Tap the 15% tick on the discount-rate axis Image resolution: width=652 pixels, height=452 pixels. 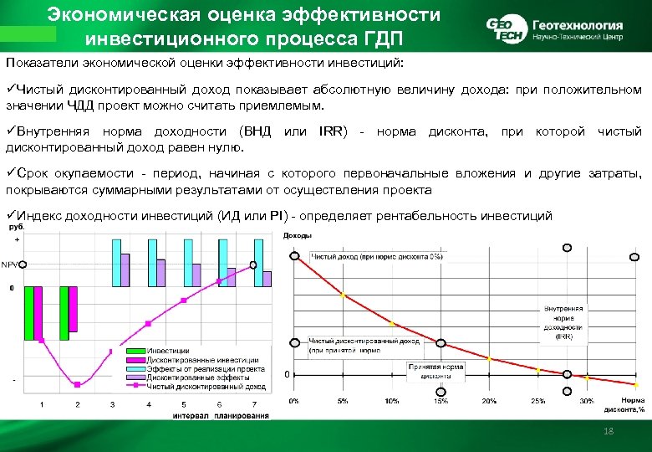tap(441, 401)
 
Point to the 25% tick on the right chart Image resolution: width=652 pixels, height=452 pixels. tap(537, 401)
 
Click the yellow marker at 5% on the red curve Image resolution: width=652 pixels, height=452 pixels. tap(342, 295)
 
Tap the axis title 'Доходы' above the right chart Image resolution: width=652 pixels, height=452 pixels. tap(298, 235)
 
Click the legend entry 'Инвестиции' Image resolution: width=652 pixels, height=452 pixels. tap(168, 351)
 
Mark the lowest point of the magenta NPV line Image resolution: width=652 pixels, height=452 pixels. tap(77, 384)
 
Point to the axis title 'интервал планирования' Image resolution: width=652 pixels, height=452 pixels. tap(221, 416)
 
